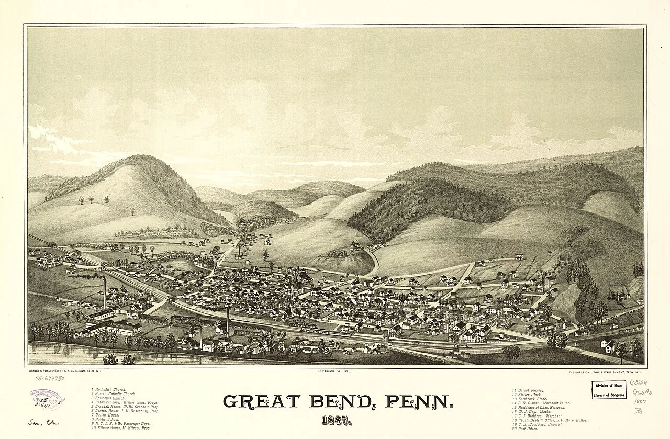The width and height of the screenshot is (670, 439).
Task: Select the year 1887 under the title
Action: coord(336,420)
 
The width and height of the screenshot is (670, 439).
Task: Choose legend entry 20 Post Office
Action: coord(529,428)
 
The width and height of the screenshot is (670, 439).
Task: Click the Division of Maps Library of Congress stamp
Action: coord(609,390)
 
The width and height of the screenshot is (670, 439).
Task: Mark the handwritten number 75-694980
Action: coord(50,378)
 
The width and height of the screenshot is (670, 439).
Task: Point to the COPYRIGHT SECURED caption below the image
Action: coord(334,371)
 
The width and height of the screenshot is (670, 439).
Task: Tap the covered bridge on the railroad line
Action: coord(107,265)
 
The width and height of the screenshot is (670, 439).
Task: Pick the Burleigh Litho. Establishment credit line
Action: coord(605,372)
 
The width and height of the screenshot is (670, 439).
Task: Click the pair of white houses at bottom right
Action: coord(608,345)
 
